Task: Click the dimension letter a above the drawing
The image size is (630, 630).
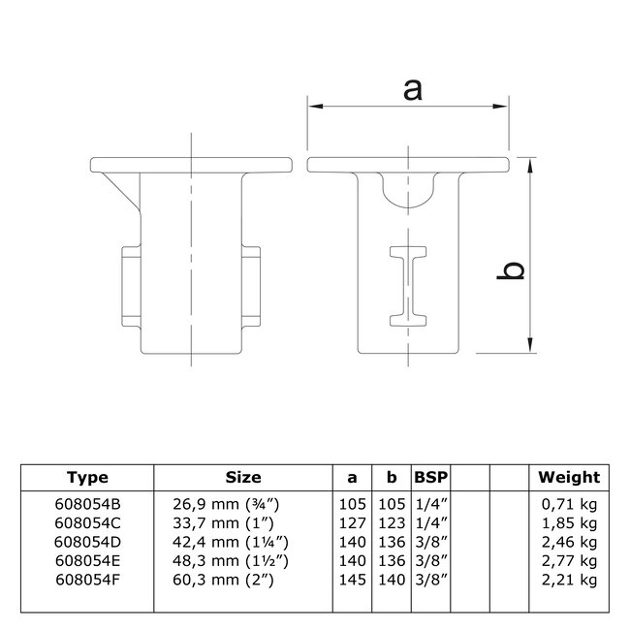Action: [412, 89]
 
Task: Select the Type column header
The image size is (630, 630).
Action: [87, 477]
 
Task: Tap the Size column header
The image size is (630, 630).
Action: [243, 477]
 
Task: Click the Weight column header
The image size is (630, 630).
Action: [569, 477]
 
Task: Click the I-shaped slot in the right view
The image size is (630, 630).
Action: [410, 285]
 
